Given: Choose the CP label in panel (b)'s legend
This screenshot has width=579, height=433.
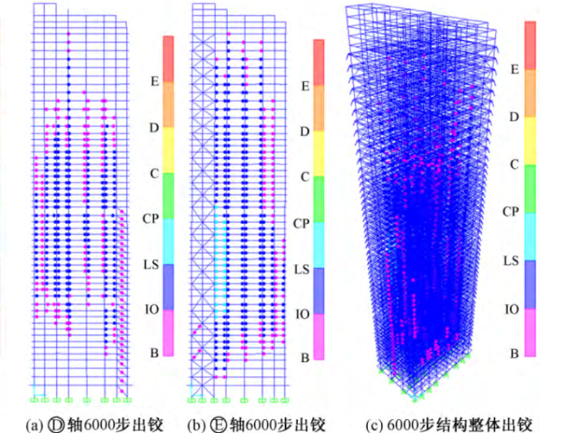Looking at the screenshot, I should click(x=302, y=223).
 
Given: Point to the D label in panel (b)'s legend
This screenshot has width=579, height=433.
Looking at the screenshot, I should click(x=304, y=132).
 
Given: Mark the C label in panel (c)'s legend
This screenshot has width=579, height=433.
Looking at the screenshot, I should click(x=513, y=164).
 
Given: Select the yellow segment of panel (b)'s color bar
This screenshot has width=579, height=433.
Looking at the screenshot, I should click(x=319, y=153).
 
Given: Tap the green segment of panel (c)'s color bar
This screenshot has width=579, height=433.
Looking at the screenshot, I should click(x=529, y=189).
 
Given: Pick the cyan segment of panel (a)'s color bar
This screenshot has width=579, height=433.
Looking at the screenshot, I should click(x=169, y=240).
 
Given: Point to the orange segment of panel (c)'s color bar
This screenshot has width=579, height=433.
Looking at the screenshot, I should click(x=529, y=94).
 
